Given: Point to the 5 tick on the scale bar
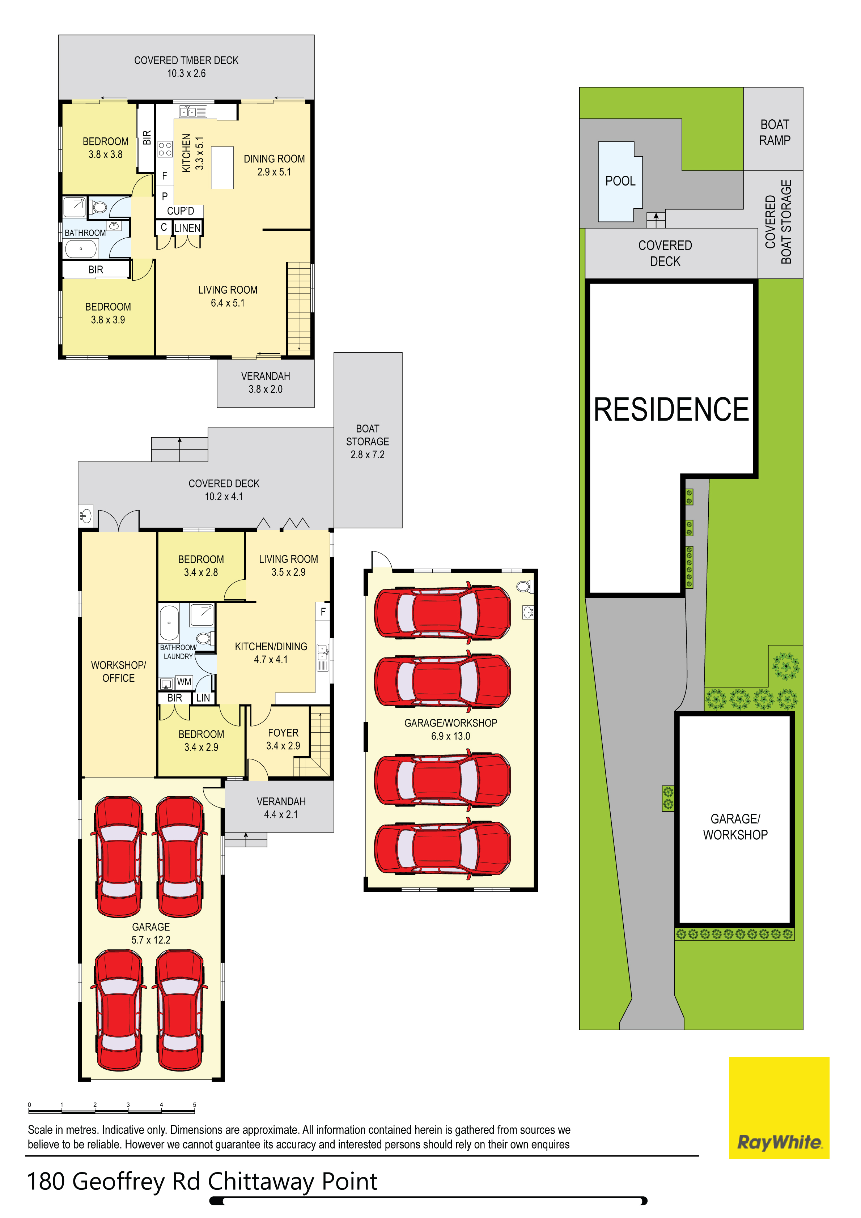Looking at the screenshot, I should click(x=194, y=1106).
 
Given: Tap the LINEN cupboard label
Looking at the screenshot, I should click(x=187, y=228).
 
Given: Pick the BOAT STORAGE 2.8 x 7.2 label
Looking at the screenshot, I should click(x=367, y=441).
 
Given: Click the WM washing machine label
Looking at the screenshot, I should click(x=184, y=682).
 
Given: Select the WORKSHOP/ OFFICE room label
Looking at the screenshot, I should click(x=118, y=671).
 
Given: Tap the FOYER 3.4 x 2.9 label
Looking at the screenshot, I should click(x=283, y=739).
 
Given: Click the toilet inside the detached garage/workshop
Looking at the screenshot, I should click(x=524, y=586).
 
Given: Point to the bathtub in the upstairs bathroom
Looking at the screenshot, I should click(x=81, y=248).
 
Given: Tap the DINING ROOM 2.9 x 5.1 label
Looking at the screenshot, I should click(x=274, y=165).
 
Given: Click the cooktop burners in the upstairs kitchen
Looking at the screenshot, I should click(x=165, y=149).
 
